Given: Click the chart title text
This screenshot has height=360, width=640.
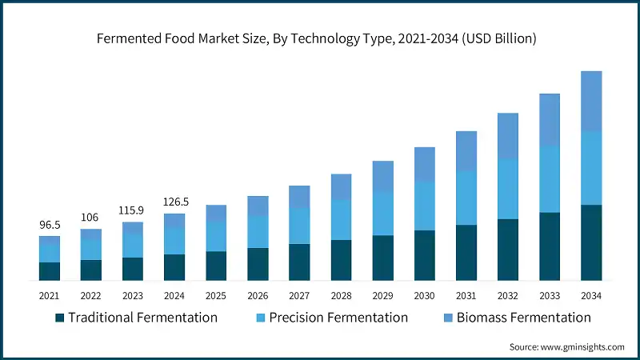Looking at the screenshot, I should point(319,38).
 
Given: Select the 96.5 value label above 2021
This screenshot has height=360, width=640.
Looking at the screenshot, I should point(50,226).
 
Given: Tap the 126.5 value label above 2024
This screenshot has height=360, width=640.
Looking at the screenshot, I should point(174,202).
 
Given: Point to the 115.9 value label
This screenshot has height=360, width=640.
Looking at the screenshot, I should point(133,210).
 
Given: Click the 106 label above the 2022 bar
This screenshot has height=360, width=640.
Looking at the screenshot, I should point(91,218).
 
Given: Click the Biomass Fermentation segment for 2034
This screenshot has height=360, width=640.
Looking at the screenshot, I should point(591,101).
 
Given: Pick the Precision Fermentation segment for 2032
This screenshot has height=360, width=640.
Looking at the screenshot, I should point(508,189).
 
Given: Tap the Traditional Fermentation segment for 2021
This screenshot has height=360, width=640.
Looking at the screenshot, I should point(50,271).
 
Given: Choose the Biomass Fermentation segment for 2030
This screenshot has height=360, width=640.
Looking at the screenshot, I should point(425,164).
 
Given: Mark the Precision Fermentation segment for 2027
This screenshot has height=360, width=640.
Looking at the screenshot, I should point(299,226).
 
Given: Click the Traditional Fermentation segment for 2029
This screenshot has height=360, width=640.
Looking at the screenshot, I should point(383,258).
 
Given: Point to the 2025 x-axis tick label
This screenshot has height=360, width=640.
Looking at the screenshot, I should point(216,296).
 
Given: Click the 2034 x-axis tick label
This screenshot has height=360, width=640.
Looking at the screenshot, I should point(591,296).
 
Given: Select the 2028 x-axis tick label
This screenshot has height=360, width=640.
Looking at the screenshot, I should point(342,296).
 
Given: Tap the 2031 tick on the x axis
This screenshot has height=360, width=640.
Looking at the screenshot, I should point(466,296).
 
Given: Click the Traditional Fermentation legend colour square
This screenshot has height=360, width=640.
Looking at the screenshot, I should point(59,318).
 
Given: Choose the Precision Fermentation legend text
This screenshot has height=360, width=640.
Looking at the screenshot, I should point(338,318).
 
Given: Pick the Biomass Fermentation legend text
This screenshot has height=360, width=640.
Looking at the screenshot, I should point(523,318).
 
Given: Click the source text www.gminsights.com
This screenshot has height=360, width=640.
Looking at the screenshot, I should point(566,346).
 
